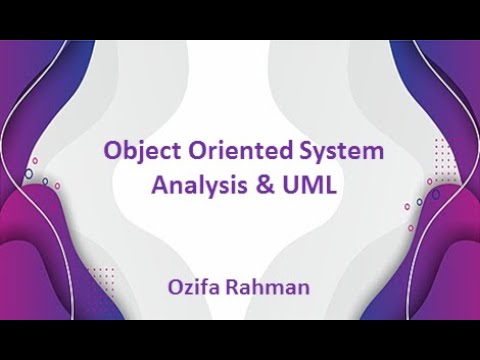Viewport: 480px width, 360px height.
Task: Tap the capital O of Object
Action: (113, 153)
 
